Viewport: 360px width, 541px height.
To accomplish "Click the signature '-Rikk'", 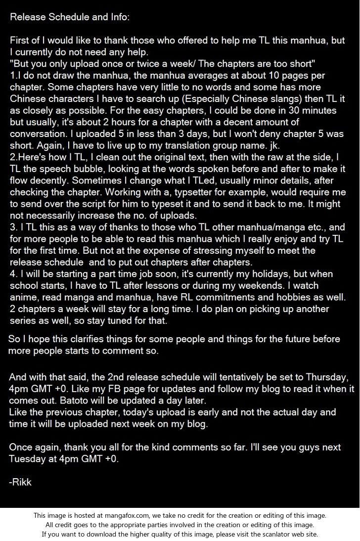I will coord(20,482).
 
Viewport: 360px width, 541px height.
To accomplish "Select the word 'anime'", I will coord(23,298).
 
